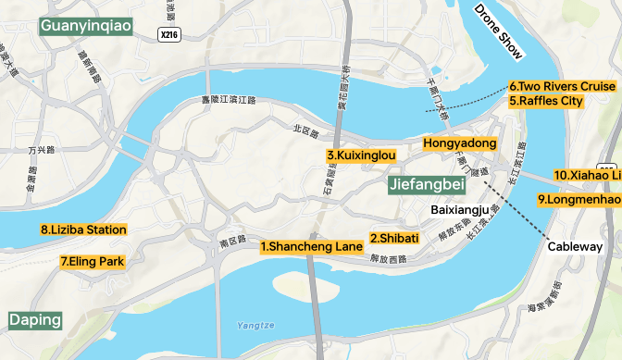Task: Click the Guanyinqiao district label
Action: click(87, 25)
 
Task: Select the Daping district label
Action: click(36, 320)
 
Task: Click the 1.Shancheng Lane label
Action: click(311, 247)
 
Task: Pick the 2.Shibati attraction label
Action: click(394, 238)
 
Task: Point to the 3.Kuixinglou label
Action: click(361, 155)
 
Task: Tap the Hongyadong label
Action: click(460, 143)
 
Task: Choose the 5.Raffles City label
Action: click(546, 101)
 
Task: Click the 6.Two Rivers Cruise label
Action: click(562, 86)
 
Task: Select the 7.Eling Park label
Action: click(92, 262)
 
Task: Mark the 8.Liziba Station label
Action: click(83, 230)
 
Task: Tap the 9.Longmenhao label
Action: click(578, 199)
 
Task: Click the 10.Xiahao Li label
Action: click(587, 175)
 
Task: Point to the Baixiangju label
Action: click(460, 210)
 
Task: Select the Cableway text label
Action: click(575, 247)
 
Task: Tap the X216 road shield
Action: click(168, 34)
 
